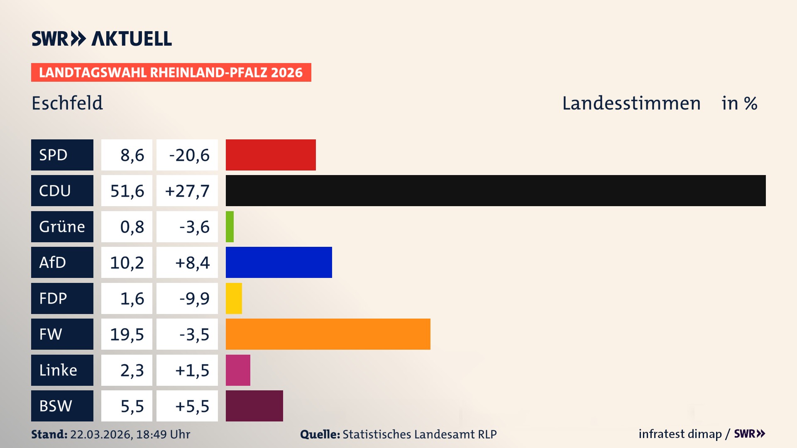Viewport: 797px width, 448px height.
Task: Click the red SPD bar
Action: coord(271,155)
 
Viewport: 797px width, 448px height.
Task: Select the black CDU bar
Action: coord(496,190)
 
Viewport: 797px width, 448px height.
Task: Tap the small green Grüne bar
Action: coord(230,226)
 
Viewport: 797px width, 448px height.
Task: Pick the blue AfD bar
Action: coord(279,262)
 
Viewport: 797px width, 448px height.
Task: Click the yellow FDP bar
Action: coord(234,298)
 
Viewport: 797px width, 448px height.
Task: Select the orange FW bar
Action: coord(328,334)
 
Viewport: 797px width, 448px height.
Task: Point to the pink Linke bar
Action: coord(238,370)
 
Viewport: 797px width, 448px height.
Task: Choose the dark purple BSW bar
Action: coord(254,406)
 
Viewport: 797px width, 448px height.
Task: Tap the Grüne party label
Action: coord(62,226)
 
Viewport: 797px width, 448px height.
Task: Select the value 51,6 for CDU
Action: coord(127,191)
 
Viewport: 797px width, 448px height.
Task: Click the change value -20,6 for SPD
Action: coord(189,155)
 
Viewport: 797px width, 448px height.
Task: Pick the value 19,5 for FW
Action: coord(127,334)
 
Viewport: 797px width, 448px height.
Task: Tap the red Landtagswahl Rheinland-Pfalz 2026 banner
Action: coord(171,73)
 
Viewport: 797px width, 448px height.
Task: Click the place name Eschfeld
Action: coord(67,103)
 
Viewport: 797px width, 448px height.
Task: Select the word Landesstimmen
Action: coord(631,103)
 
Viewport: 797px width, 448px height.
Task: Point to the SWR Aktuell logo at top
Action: coord(102,39)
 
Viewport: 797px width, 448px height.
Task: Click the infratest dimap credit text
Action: coord(680,434)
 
